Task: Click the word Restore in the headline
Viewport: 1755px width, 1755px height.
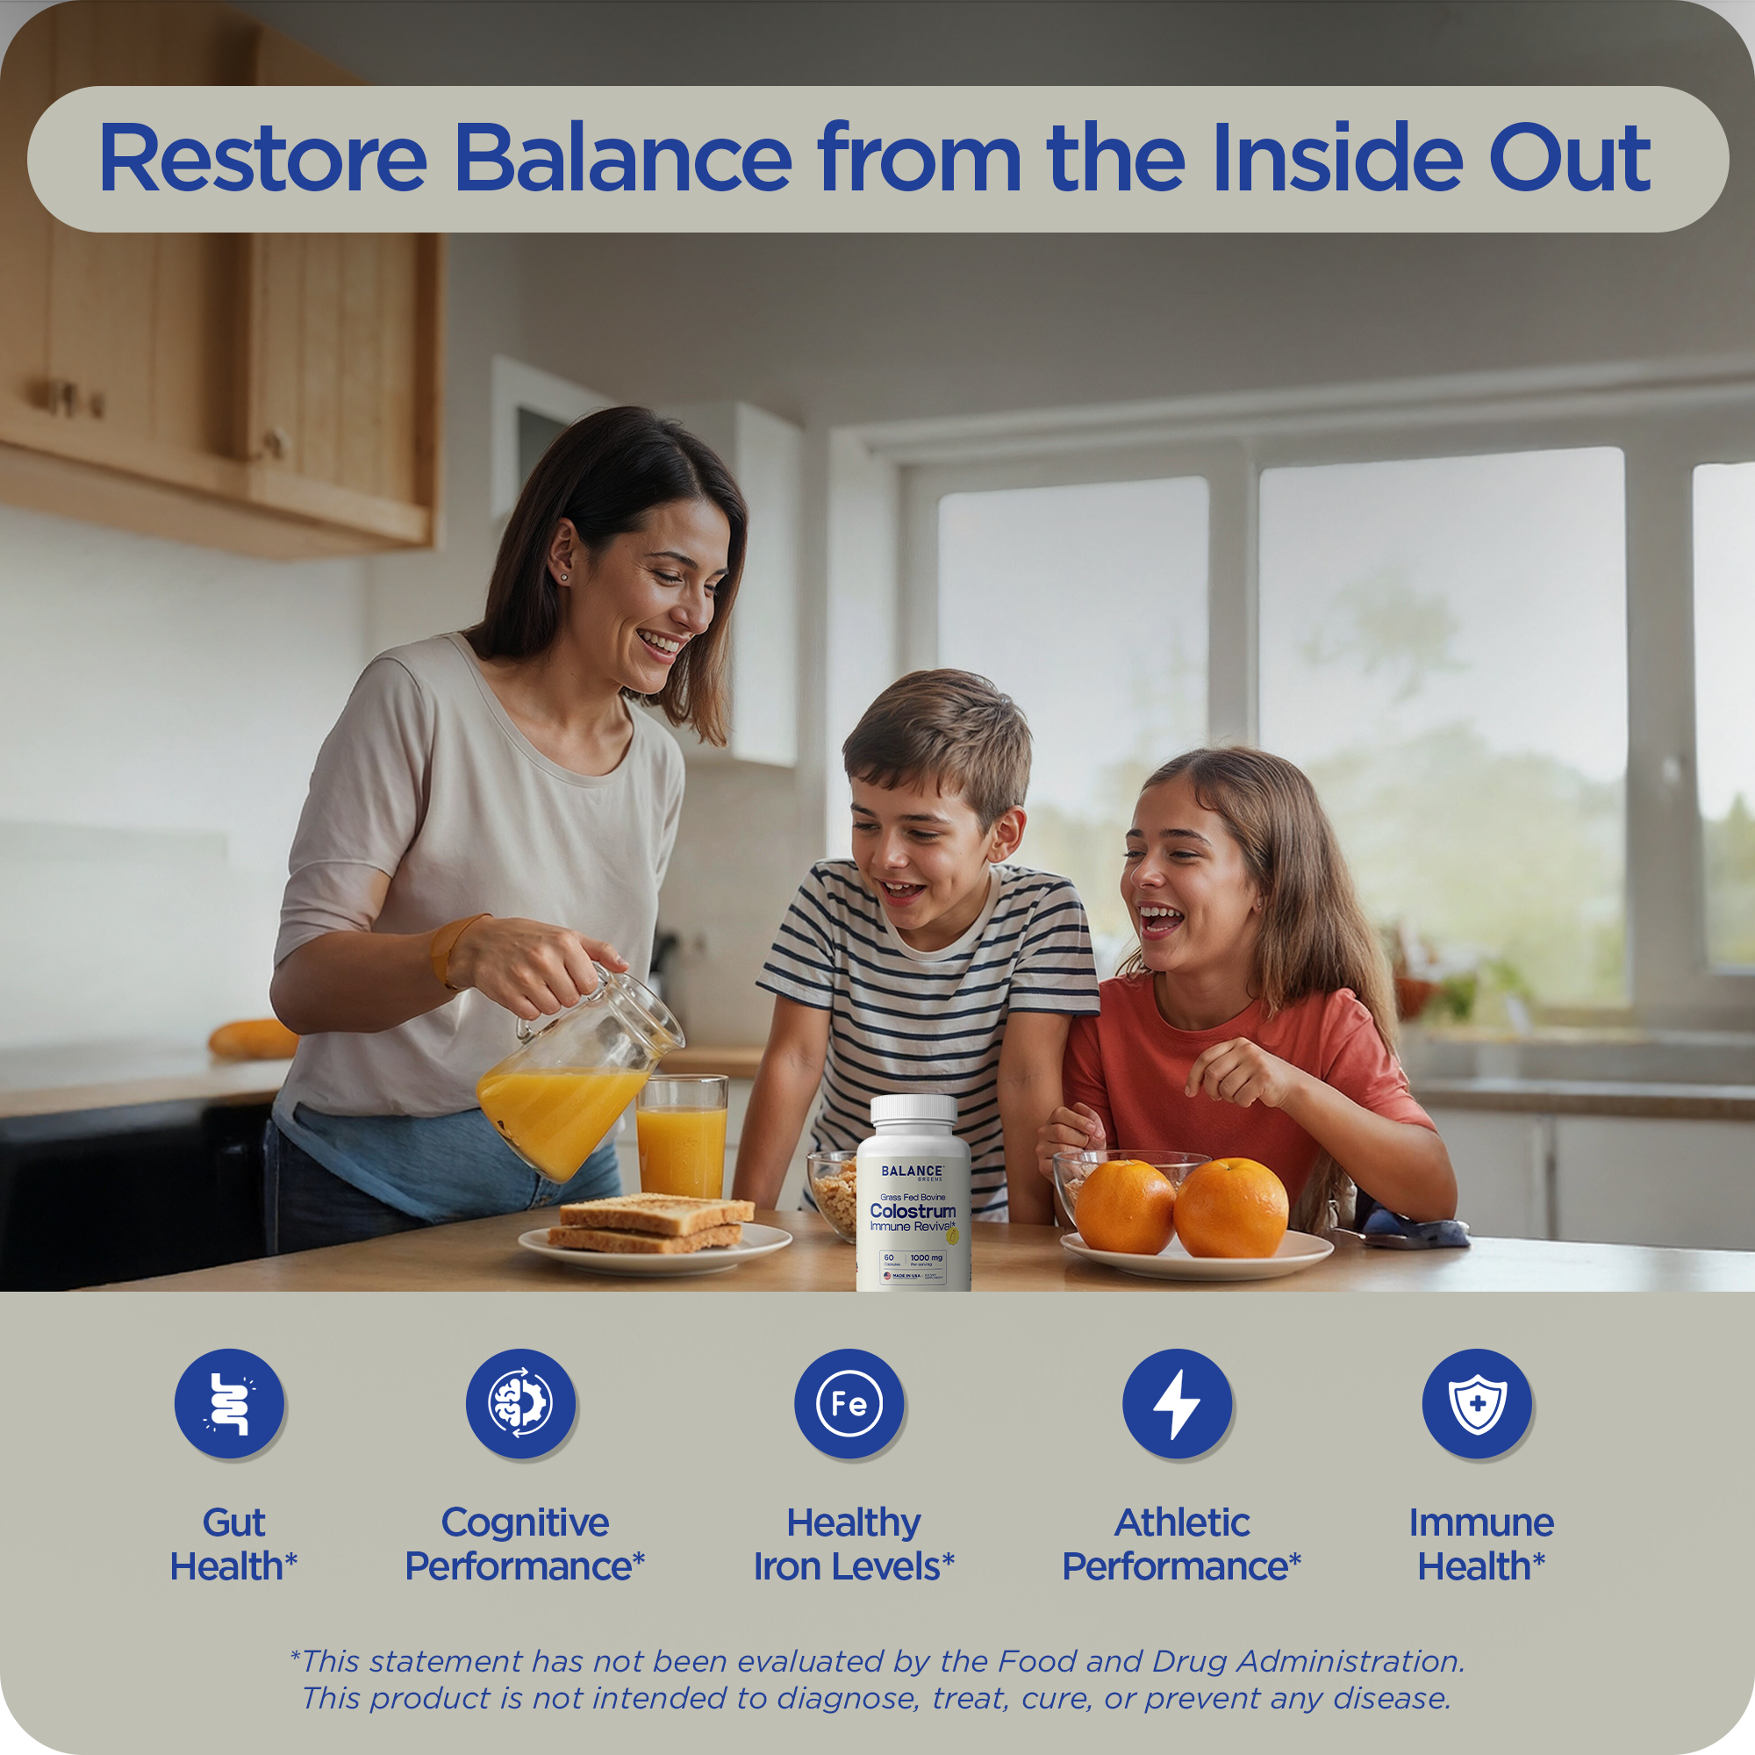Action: tap(262, 158)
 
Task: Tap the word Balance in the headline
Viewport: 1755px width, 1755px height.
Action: tap(623, 158)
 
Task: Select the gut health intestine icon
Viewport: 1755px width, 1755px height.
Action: tap(230, 1403)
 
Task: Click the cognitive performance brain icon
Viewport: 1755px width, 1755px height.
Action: tap(520, 1403)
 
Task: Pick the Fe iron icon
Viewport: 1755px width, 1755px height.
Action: tap(849, 1403)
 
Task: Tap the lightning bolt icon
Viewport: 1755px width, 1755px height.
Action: tap(1178, 1403)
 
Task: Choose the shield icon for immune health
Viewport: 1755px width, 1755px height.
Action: tap(1477, 1403)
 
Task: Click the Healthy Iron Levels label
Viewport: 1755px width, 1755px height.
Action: tap(854, 1544)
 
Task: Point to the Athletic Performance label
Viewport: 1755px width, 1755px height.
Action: tap(1182, 1544)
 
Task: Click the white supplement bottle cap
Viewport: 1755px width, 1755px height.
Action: tap(913, 1110)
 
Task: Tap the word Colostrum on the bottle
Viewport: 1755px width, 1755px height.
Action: tap(912, 1211)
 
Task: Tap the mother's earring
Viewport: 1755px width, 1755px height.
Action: tap(564, 577)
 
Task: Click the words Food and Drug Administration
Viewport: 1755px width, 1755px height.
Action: tap(1231, 1661)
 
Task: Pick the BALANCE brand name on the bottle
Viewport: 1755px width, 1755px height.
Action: tap(912, 1171)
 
